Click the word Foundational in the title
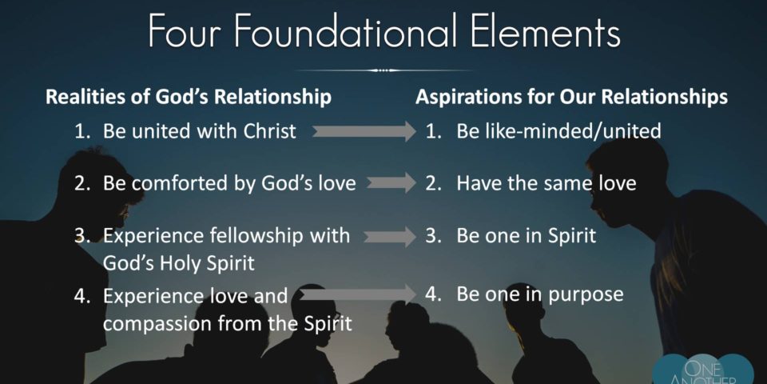coord(346,30)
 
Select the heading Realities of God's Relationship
coord(189,97)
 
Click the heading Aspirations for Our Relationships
coord(571,97)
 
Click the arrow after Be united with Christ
coord(364,131)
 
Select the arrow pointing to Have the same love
coord(391,182)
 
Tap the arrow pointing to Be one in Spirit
coord(389,236)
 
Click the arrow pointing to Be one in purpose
coord(357,294)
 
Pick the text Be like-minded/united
coord(558,130)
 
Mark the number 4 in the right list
coord(430,294)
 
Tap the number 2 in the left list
coord(79,183)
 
